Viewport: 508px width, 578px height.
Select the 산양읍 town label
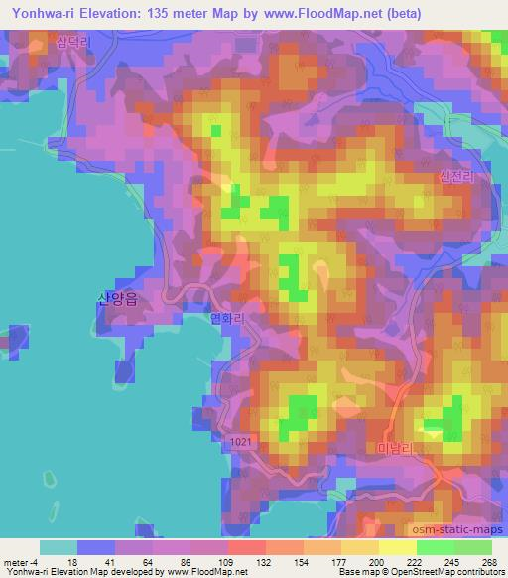click(x=116, y=296)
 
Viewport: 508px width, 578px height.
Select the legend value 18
click(x=71, y=561)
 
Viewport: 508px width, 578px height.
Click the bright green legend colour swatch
click(x=434, y=547)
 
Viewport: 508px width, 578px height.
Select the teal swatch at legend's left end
click(x=58, y=547)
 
